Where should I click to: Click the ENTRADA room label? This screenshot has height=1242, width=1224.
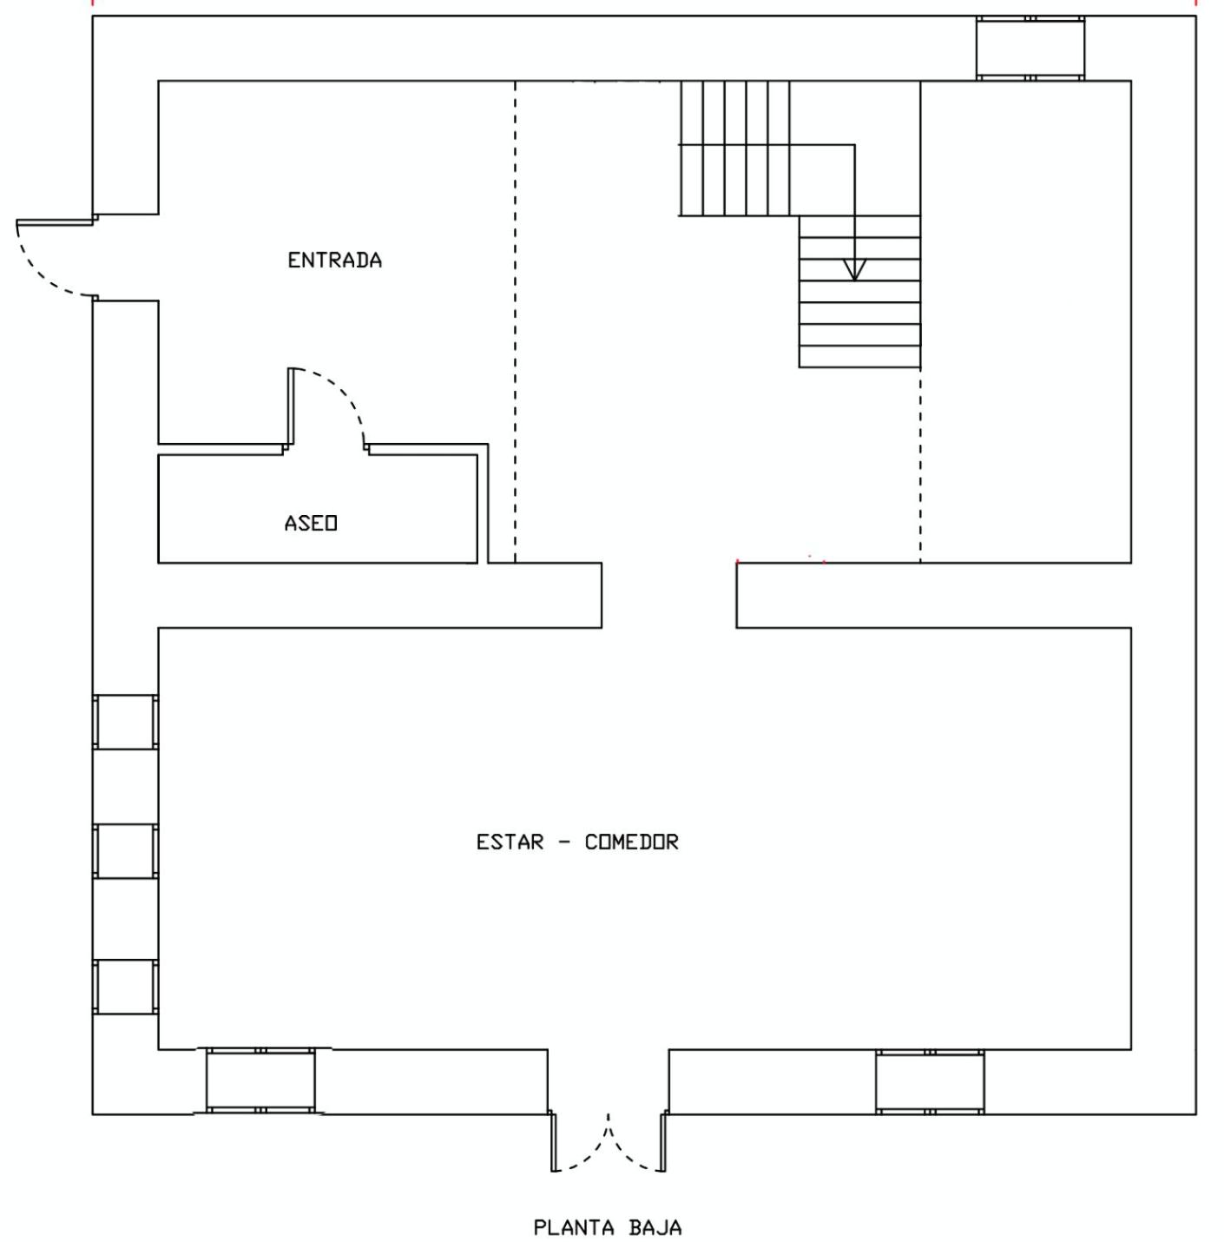tap(334, 260)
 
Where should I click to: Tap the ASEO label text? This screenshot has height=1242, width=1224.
tap(311, 523)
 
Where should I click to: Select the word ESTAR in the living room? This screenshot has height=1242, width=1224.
tap(510, 842)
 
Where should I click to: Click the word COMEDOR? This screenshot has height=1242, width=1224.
tap(631, 842)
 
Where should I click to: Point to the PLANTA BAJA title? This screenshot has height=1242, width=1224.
tap(608, 1228)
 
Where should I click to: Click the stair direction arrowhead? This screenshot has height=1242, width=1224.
tap(854, 269)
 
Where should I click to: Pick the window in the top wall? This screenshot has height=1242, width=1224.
tap(1030, 49)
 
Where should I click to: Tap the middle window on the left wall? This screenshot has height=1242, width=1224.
tap(126, 851)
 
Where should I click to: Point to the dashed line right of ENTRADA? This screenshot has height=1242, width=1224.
tap(515, 321)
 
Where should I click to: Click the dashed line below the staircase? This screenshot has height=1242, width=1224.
tap(920, 465)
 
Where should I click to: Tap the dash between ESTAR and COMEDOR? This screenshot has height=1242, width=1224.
tap(564, 842)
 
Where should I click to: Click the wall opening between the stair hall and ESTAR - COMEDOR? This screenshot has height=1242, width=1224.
tap(668, 595)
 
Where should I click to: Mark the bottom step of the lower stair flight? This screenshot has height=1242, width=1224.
tap(859, 356)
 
